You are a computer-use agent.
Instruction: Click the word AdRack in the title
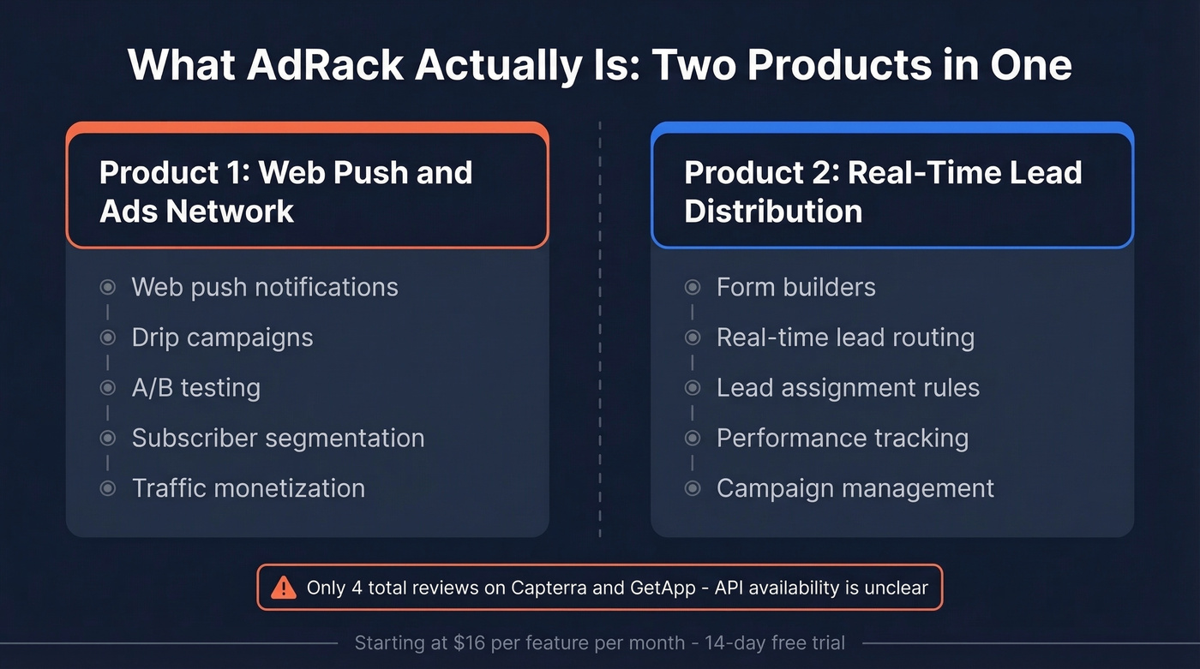click(323, 65)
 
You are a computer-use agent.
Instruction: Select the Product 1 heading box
click(307, 191)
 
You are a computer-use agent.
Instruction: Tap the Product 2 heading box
click(891, 191)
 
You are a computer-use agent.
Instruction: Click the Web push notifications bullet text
click(265, 287)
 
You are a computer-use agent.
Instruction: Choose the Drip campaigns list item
click(222, 337)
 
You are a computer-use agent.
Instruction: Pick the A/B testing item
click(195, 388)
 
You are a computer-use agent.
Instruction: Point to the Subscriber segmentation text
click(278, 439)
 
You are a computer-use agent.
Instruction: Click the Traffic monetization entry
click(248, 488)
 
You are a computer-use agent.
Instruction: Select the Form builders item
click(795, 287)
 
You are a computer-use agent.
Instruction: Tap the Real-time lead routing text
click(845, 337)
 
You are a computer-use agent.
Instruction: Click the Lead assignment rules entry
click(848, 388)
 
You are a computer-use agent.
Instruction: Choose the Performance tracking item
click(842, 439)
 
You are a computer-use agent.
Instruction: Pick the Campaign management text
click(855, 488)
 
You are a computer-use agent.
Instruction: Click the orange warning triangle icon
click(283, 588)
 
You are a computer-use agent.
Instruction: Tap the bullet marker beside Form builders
click(693, 287)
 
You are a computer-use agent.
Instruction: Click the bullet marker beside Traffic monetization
click(107, 488)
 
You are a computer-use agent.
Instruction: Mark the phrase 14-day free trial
click(775, 642)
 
